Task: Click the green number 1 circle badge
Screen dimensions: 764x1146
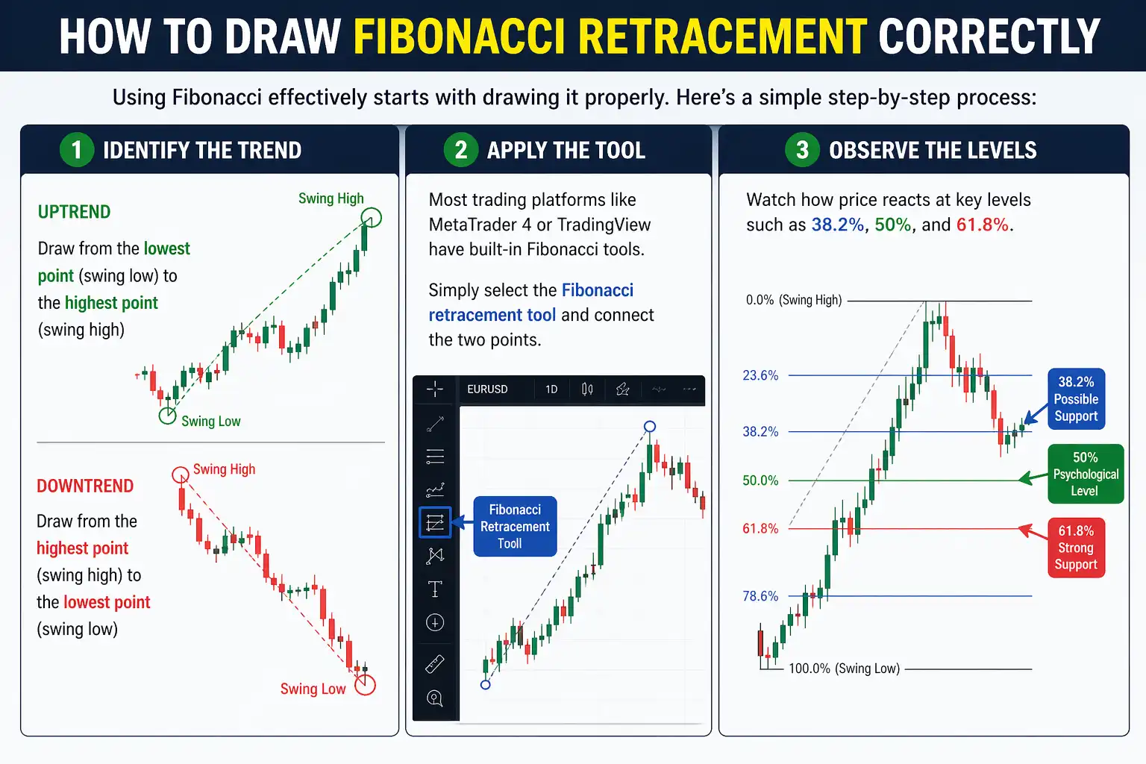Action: point(77,150)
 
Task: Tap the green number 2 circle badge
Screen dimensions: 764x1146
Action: point(461,150)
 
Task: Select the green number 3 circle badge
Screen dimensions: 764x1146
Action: point(802,150)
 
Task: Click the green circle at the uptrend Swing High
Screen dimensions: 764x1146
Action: point(371,218)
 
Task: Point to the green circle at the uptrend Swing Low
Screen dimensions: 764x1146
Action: point(168,416)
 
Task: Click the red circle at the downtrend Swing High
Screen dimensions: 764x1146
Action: point(181,475)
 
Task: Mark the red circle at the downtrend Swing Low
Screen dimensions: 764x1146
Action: point(365,684)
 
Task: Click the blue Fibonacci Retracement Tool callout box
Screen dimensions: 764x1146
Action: point(515,526)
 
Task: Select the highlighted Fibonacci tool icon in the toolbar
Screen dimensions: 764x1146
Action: point(435,522)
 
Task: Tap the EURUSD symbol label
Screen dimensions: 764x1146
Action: point(487,389)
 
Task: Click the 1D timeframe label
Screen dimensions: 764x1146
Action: point(551,389)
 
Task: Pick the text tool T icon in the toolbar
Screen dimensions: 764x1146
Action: point(435,589)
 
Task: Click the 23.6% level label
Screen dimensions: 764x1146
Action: point(760,375)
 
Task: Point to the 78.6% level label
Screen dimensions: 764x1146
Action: point(760,596)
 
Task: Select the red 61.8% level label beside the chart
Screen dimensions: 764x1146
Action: point(760,529)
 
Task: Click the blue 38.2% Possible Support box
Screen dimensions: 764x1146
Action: point(1076,399)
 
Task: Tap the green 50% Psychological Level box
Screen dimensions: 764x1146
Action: point(1085,474)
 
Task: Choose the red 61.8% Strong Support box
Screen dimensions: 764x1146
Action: point(1076,548)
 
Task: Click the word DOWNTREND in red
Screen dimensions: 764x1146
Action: point(85,486)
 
